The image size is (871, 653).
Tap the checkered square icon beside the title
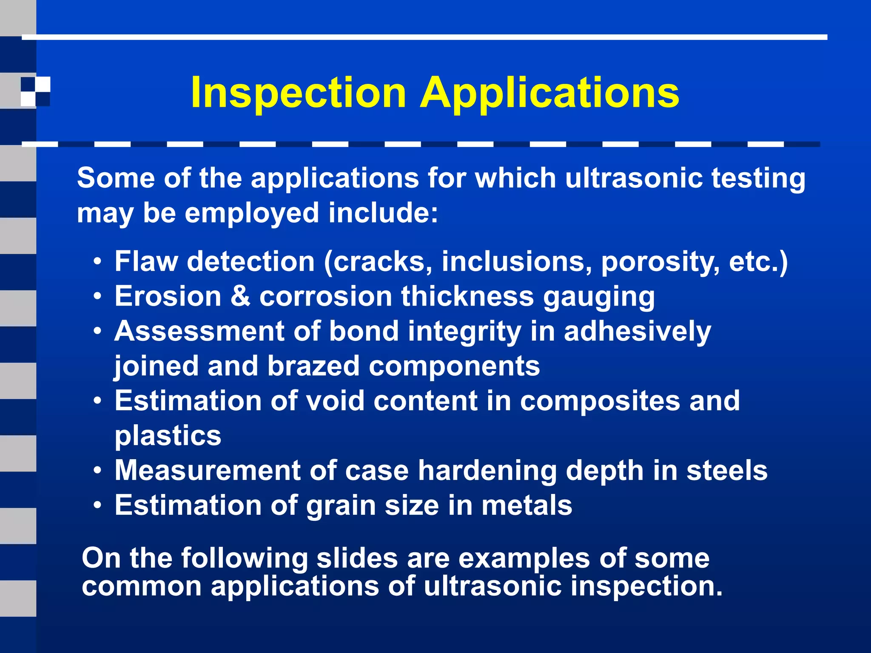pos(35,91)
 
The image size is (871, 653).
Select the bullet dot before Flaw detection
pos(98,261)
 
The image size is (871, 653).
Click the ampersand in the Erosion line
pos(240,296)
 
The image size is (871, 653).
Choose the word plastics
pos(168,436)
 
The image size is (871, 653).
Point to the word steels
pos(727,470)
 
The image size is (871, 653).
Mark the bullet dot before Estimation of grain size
pos(98,505)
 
